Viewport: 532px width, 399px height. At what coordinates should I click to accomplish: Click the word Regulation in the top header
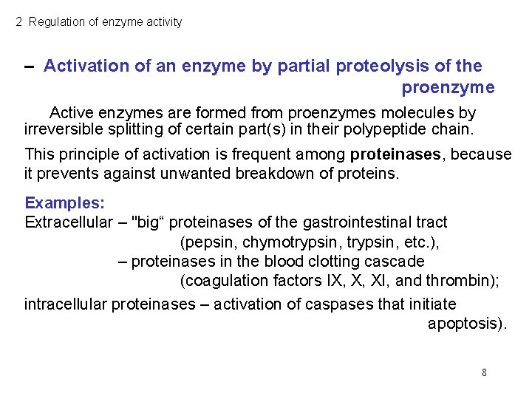coord(56,22)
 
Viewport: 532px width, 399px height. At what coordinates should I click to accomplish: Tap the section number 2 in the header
coord(19,22)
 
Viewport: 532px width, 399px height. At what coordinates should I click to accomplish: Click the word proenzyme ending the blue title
coord(448,88)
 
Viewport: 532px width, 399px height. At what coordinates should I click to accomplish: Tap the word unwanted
coord(159,174)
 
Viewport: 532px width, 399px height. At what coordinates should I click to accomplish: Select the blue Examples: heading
coord(65,202)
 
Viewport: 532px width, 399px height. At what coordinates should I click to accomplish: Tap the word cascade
coord(398,261)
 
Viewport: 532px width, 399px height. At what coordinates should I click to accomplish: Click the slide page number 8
coord(484,372)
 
